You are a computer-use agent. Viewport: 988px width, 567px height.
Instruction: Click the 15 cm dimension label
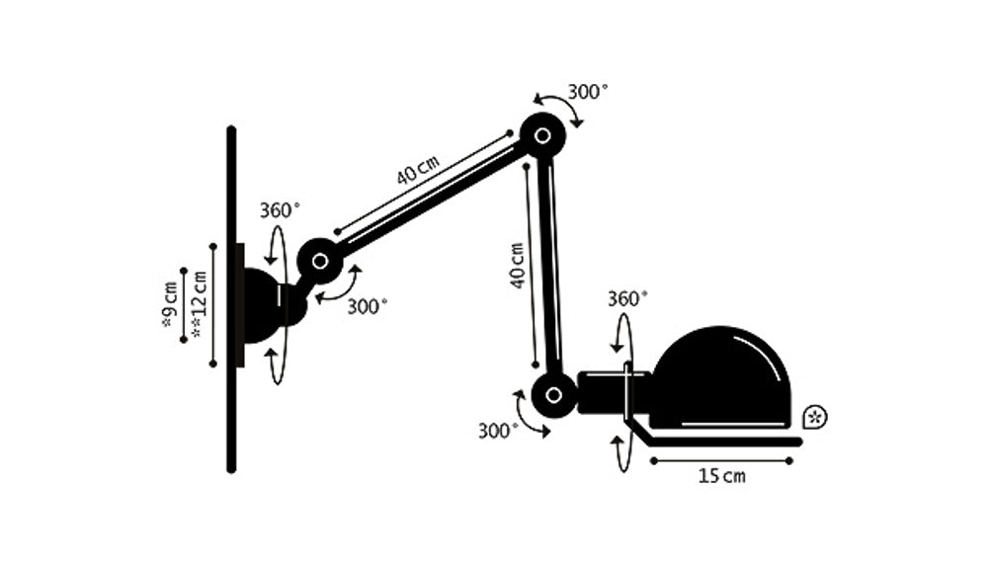pos(722,476)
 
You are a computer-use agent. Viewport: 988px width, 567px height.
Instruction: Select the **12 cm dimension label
pos(199,304)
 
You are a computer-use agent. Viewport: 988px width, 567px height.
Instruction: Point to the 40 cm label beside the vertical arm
pos(518,266)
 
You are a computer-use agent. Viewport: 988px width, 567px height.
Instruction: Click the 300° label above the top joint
pos(588,92)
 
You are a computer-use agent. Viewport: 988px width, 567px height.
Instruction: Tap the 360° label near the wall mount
pos(280,209)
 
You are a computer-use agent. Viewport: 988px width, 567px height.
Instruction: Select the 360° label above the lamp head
pos(627,298)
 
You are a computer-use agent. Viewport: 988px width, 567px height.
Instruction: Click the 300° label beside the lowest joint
pos(498,431)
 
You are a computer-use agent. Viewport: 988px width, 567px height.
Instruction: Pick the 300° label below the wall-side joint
pos(368,307)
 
